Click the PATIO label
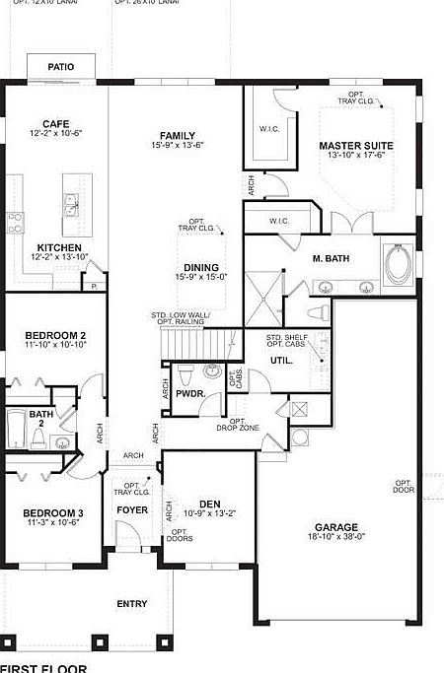tap(61, 67)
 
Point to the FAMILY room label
tap(174, 136)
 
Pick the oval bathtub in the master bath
tap(401, 263)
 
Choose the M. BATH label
tap(332, 258)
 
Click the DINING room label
tap(202, 267)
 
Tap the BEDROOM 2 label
tap(55, 335)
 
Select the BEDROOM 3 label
tap(54, 512)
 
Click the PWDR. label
tap(190, 393)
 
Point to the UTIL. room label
tap(281, 361)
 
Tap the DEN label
tap(209, 503)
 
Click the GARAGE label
tap(336, 527)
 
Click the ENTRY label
tap(132, 604)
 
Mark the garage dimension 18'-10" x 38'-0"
tap(336, 538)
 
